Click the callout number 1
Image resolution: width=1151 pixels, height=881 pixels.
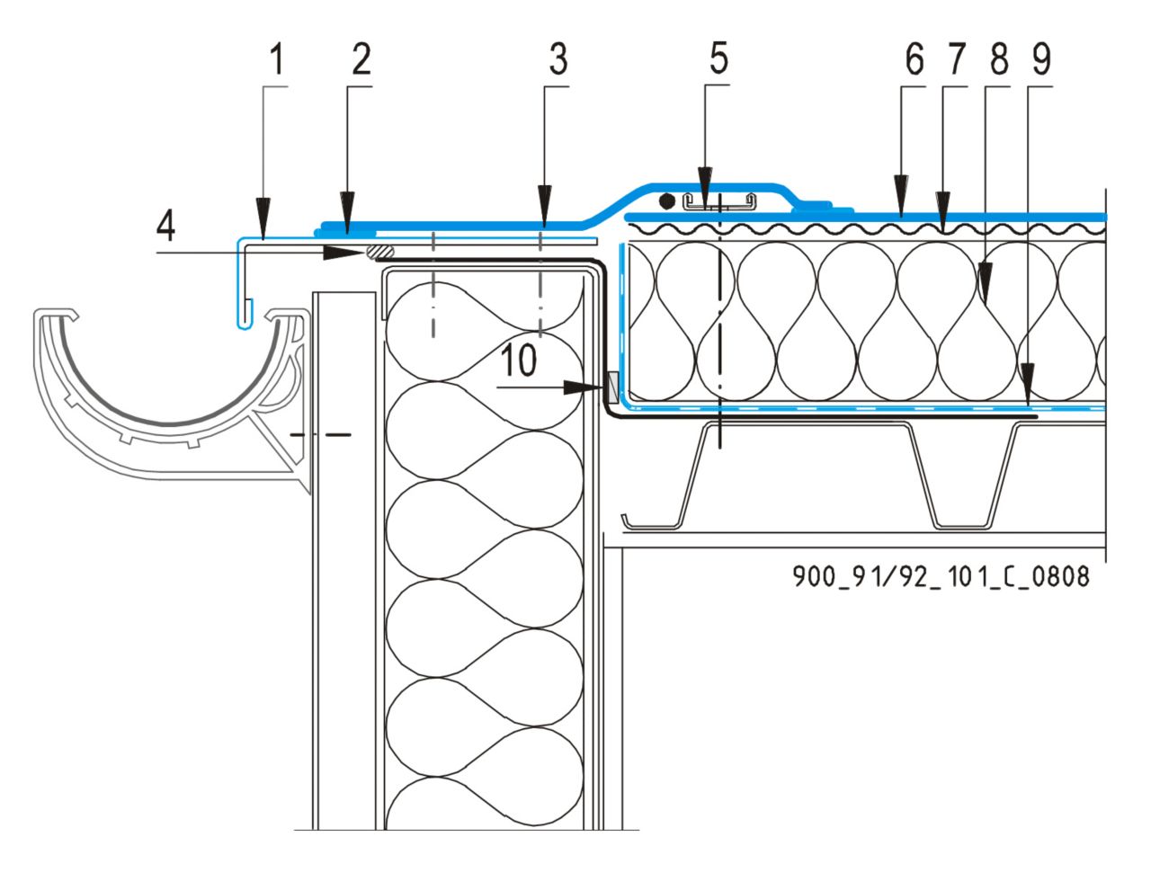pyautogui.click(x=277, y=61)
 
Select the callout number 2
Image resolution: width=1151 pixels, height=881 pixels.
pyautogui.click(x=360, y=61)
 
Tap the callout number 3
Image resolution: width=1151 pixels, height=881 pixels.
pyautogui.click(x=558, y=61)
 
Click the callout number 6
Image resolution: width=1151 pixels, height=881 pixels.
pyautogui.click(x=914, y=61)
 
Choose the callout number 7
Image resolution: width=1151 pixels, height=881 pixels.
pyautogui.click(x=955, y=61)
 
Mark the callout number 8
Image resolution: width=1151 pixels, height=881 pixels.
pyautogui.click(x=997, y=61)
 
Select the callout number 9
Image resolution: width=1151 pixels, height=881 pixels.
pyautogui.click(x=1039, y=61)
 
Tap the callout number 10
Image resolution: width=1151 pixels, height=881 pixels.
pyautogui.click(x=519, y=361)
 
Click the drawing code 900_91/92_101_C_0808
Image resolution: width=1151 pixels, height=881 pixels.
pyautogui.click(x=941, y=575)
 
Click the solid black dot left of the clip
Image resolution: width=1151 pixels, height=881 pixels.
pyautogui.click(x=666, y=200)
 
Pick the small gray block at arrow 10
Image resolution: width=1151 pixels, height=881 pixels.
pyautogui.click(x=611, y=387)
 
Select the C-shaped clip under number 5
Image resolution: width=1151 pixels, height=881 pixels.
pyautogui.click(x=718, y=201)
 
